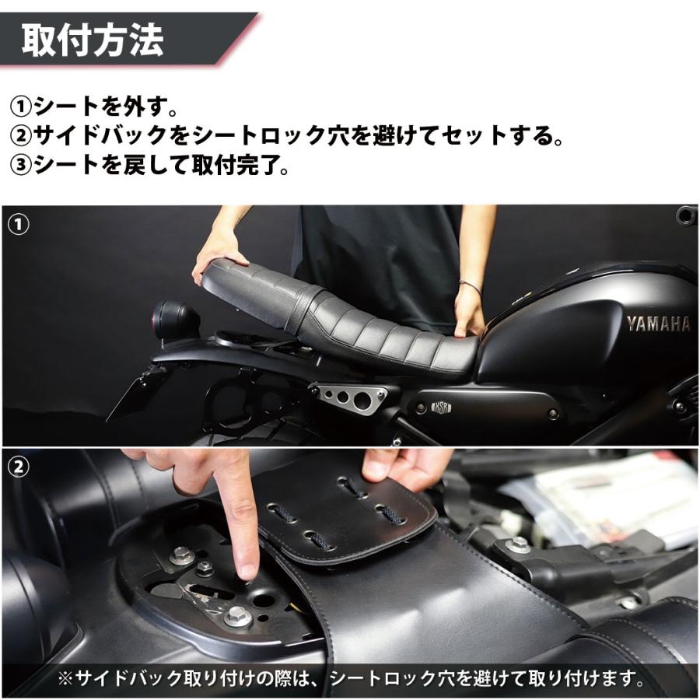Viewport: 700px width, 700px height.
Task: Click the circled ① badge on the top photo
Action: coord(18,224)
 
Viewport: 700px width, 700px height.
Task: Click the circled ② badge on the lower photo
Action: coord(18,467)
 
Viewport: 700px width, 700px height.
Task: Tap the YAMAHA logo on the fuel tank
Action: coord(658,324)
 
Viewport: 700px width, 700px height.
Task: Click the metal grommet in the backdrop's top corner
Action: coord(685,213)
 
